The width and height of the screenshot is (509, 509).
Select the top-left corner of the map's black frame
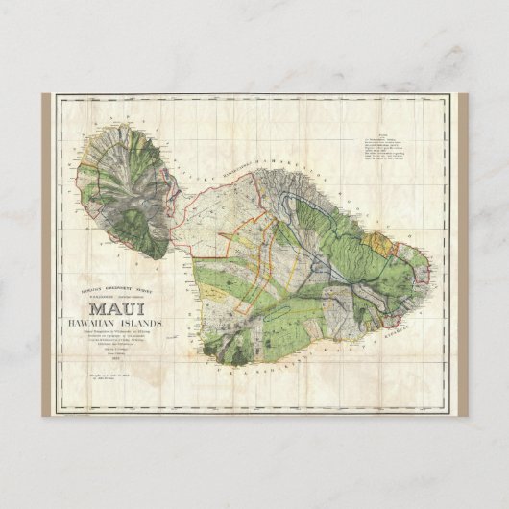pos(56,97)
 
